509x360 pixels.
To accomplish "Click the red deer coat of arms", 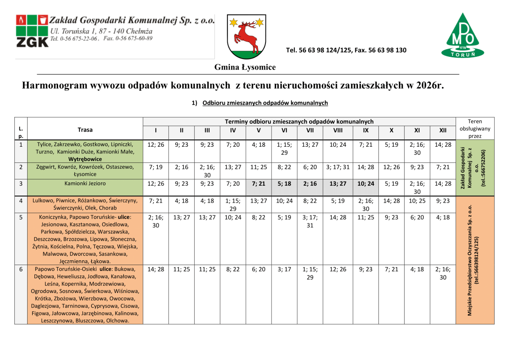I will point(246,37).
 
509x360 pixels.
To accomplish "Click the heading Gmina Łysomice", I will point(245,67).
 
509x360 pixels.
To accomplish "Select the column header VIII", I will point(338,131).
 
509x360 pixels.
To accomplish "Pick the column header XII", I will point(443,131).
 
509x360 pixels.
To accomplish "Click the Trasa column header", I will point(85,130).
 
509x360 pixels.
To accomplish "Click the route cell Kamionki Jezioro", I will point(85,184).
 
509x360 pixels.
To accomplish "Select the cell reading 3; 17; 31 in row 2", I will point(338,167).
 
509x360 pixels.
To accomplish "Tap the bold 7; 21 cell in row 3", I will point(258,184).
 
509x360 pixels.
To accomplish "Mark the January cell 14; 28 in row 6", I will point(156,269).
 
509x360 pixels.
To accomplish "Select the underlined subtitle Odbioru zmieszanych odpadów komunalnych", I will point(265,103).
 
